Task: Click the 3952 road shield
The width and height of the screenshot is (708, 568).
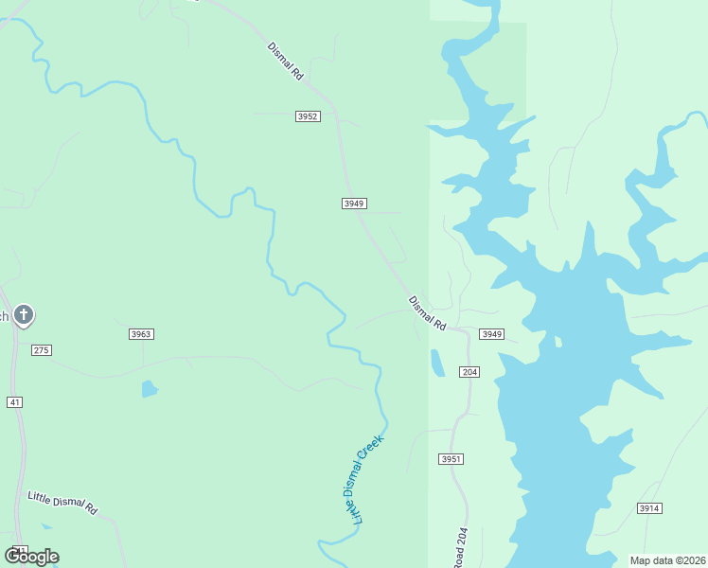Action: [308, 116]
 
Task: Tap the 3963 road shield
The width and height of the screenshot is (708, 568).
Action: [141, 334]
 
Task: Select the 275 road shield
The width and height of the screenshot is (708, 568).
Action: [41, 350]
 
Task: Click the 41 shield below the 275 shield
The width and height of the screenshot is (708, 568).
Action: [14, 402]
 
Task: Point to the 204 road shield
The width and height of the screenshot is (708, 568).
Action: [469, 372]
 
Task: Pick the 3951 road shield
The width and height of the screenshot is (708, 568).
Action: [451, 459]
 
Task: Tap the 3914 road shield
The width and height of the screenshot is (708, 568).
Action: [648, 508]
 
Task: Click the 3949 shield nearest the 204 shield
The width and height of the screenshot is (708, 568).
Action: [492, 334]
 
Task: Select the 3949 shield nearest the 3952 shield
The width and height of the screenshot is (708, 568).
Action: [354, 204]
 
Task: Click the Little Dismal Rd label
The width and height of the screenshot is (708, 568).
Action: [62, 503]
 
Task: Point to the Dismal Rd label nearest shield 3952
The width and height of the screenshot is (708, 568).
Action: [286, 61]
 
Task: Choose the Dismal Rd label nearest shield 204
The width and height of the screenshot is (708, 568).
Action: [427, 313]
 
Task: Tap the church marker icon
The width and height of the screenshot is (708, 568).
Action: [24, 314]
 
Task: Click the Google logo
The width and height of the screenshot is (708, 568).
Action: [31, 557]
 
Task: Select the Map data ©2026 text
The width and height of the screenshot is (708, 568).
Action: [667, 560]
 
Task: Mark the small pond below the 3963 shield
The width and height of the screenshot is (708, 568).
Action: [150, 388]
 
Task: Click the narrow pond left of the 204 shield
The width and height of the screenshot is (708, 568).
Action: [437, 364]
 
